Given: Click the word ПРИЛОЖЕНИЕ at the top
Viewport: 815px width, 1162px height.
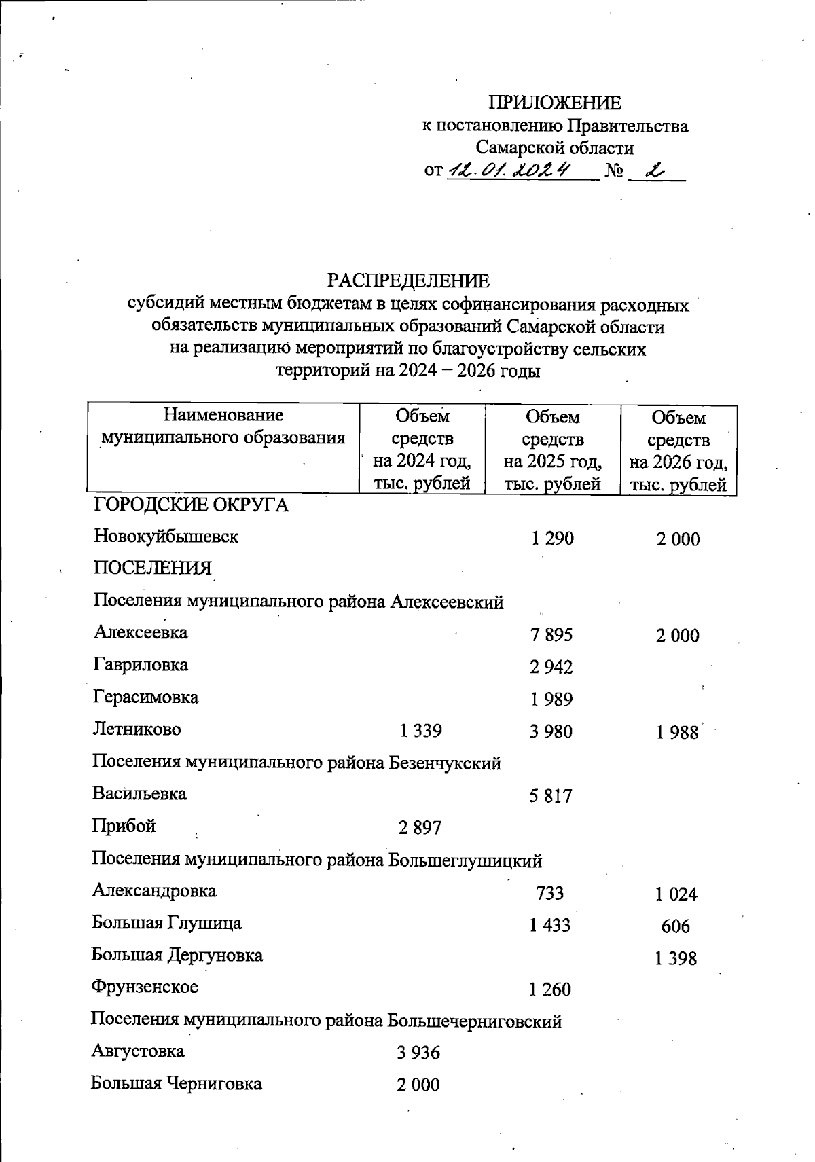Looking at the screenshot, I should coord(555,103).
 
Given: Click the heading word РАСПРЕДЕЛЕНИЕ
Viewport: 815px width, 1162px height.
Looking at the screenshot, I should coord(408,280).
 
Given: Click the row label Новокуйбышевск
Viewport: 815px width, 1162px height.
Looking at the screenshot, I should coord(166,537).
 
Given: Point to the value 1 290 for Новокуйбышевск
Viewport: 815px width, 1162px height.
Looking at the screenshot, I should coord(552,539).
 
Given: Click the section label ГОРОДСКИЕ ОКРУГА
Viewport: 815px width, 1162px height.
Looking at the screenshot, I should coord(191,505).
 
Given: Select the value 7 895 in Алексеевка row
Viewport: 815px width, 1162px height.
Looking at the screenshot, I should coord(551,635).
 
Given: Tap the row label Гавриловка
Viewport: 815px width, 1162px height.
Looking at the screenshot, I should coord(141,665).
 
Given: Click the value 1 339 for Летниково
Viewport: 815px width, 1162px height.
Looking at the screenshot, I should coord(420,731).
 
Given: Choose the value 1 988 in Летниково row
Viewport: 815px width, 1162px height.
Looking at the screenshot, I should coord(676,732).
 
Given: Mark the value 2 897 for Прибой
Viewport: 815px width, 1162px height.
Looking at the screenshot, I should coord(419,828).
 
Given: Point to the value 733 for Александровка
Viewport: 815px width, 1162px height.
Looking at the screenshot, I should coord(549,893).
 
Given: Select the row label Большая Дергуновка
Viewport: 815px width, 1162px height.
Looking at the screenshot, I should coord(177,956).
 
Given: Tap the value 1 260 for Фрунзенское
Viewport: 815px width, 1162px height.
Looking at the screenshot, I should coord(549,989).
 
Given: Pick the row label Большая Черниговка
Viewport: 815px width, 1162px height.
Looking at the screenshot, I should coord(177,1083).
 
